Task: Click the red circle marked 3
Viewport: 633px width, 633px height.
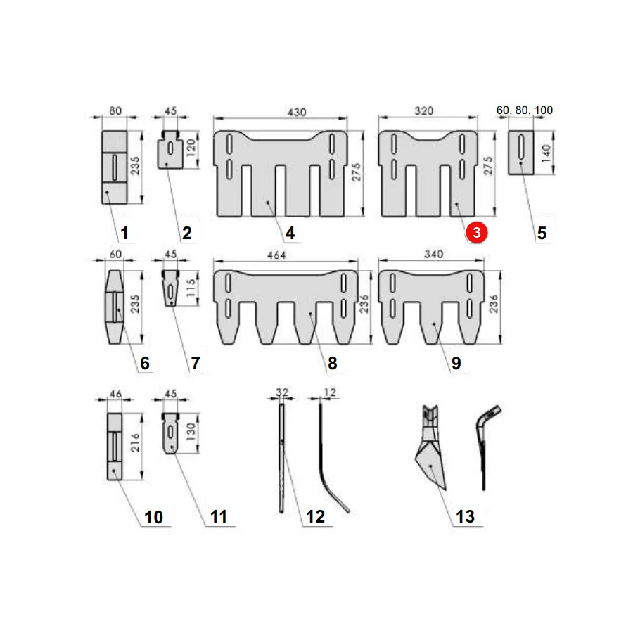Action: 476,233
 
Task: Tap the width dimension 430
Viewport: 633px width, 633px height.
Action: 297,112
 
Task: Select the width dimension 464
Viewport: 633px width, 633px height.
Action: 276,255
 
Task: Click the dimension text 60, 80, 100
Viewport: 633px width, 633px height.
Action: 525,110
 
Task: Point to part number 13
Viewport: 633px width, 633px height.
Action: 465,516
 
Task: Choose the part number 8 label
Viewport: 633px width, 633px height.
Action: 332,363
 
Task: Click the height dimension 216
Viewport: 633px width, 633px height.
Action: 135,442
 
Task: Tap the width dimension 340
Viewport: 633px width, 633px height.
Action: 433,254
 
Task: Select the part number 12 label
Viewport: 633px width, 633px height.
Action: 315,516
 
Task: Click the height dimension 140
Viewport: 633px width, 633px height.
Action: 546,153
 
